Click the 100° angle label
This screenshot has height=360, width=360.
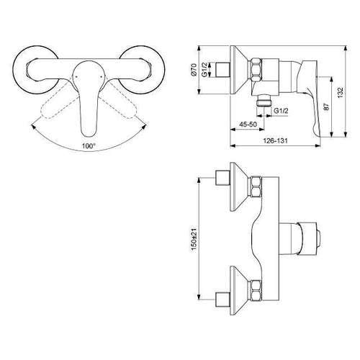click(x=89, y=145)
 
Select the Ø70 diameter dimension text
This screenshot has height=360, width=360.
click(x=194, y=70)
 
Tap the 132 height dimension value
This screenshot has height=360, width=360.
click(x=340, y=92)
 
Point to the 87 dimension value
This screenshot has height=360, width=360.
click(x=326, y=107)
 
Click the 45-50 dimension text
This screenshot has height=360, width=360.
click(x=248, y=125)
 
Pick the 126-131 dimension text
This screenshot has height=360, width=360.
click(x=275, y=140)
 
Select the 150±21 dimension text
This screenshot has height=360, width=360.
click(x=194, y=239)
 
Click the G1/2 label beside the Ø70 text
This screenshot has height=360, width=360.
click(x=204, y=70)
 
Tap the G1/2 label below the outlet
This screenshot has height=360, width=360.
click(x=281, y=111)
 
